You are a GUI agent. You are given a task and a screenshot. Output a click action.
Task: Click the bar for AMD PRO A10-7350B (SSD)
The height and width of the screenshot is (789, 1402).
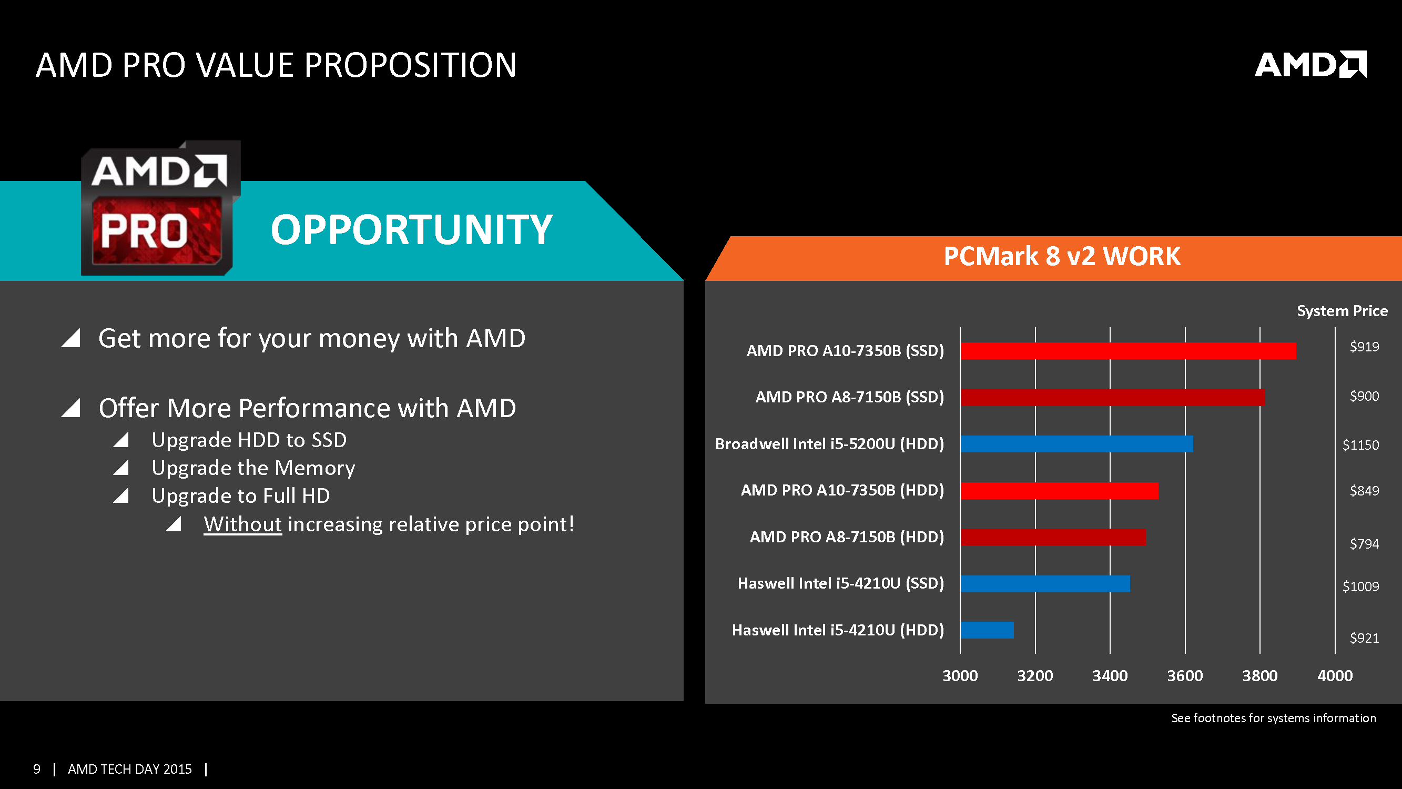1127,351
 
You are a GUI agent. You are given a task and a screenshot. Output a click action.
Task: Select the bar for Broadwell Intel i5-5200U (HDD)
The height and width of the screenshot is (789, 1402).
1076,444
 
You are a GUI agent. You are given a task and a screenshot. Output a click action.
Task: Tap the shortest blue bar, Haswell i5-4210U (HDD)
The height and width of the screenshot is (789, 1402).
987,630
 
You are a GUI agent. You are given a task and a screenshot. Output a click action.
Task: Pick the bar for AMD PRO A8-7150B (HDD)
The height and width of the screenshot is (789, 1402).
1053,537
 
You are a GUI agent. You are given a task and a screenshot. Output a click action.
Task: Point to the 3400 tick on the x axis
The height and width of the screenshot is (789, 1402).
1110,676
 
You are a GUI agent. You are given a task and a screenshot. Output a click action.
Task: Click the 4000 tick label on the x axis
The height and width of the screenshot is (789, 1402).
1335,676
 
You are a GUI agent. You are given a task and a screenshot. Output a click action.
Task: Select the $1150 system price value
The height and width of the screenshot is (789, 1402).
1360,445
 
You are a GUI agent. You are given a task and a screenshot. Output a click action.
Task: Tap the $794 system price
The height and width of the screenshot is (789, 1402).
1364,543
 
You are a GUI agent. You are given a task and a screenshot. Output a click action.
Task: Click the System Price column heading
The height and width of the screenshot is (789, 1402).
1342,311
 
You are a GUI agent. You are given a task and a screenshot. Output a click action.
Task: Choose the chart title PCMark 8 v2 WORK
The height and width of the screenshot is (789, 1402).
1062,257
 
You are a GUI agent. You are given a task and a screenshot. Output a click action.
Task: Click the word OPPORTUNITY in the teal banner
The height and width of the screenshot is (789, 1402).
411,230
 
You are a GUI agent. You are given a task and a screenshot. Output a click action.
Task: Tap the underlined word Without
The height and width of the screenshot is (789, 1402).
243,524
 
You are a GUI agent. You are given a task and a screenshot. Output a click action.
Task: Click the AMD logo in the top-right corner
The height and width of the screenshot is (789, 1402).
1310,65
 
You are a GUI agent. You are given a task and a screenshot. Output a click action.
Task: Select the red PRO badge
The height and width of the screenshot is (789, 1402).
157,231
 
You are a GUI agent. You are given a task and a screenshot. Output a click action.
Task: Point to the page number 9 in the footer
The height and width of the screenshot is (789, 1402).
36,769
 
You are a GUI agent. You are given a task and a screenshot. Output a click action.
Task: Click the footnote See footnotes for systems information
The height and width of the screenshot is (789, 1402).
1273,717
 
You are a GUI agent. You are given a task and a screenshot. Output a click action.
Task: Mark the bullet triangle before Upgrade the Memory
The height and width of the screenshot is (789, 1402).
121,468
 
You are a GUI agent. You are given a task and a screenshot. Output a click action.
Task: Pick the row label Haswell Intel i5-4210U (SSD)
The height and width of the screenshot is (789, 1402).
840,583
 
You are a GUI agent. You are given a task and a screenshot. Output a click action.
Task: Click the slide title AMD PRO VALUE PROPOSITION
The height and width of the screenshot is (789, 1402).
276,65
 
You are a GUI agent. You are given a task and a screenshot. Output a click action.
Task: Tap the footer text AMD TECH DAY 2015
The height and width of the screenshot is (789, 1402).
129,769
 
